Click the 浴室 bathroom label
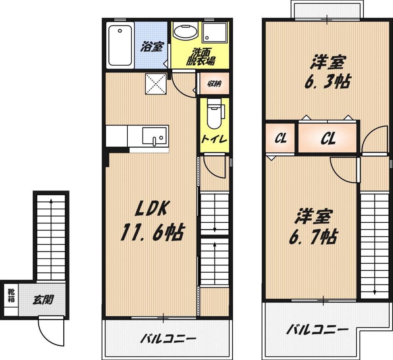click(x=152, y=47)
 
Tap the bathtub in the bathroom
click(x=120, y=45)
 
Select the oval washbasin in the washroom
click(x=186, y=32)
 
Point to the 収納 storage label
click(x=214, y=84)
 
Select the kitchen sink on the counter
click(x=154, y=136)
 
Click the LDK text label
click(x=151, y=208)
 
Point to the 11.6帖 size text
click(x=152, y=232)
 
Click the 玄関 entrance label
click(x=43, y=299)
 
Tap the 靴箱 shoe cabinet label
click(x=11, y=295)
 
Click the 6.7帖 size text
click(x=313, y=237)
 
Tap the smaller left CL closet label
click(x=281, y=138)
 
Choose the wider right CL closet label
click(x=328, y=138)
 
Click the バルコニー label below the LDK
click(x=168, y=339)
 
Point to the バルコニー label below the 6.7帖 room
click(x=317, y=330)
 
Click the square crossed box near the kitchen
click(x=156, y=84)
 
